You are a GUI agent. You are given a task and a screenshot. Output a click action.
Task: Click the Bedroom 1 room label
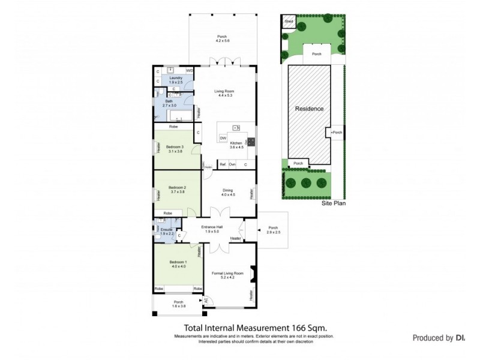coord(178,262)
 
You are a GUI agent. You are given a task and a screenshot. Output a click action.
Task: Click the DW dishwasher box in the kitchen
coord(223,138)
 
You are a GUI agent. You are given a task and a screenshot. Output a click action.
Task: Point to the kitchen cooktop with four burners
coord(251,142)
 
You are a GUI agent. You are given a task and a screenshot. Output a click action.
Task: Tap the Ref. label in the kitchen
coord(222,164)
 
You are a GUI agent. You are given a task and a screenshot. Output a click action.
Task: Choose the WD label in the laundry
coord(189,71)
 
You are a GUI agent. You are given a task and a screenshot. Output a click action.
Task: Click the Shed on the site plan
coord(289,21)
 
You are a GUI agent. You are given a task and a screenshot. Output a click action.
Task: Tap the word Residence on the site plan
coord(309,109)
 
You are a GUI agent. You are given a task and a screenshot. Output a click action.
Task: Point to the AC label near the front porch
coord(205,300)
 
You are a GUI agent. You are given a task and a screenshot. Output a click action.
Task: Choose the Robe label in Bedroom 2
coord(168,213)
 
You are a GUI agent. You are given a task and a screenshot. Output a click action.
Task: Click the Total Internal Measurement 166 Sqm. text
coord(254,328)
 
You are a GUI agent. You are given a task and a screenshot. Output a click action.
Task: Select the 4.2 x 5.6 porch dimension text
coord(223,41)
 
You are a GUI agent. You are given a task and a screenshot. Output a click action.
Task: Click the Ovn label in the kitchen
coord(232,164)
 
